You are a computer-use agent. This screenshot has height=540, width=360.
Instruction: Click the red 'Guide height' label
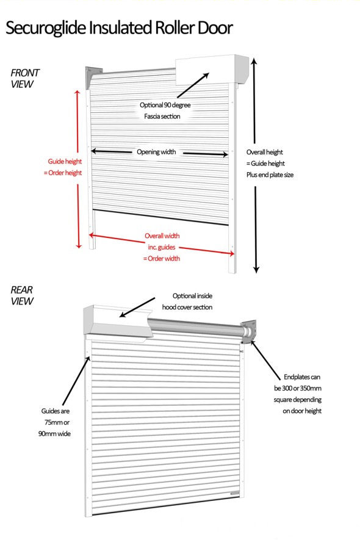[65, 162]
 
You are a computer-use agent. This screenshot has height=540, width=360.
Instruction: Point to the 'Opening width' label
[156, 151]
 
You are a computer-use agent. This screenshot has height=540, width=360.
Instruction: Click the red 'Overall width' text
[162, 236]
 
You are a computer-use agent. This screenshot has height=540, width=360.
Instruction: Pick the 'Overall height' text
[265, 152]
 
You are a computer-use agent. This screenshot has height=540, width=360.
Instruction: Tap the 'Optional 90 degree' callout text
[165, 105]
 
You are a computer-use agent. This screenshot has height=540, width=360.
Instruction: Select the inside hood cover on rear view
[116, 320]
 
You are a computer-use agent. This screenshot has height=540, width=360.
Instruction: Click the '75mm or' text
[55, 422]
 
